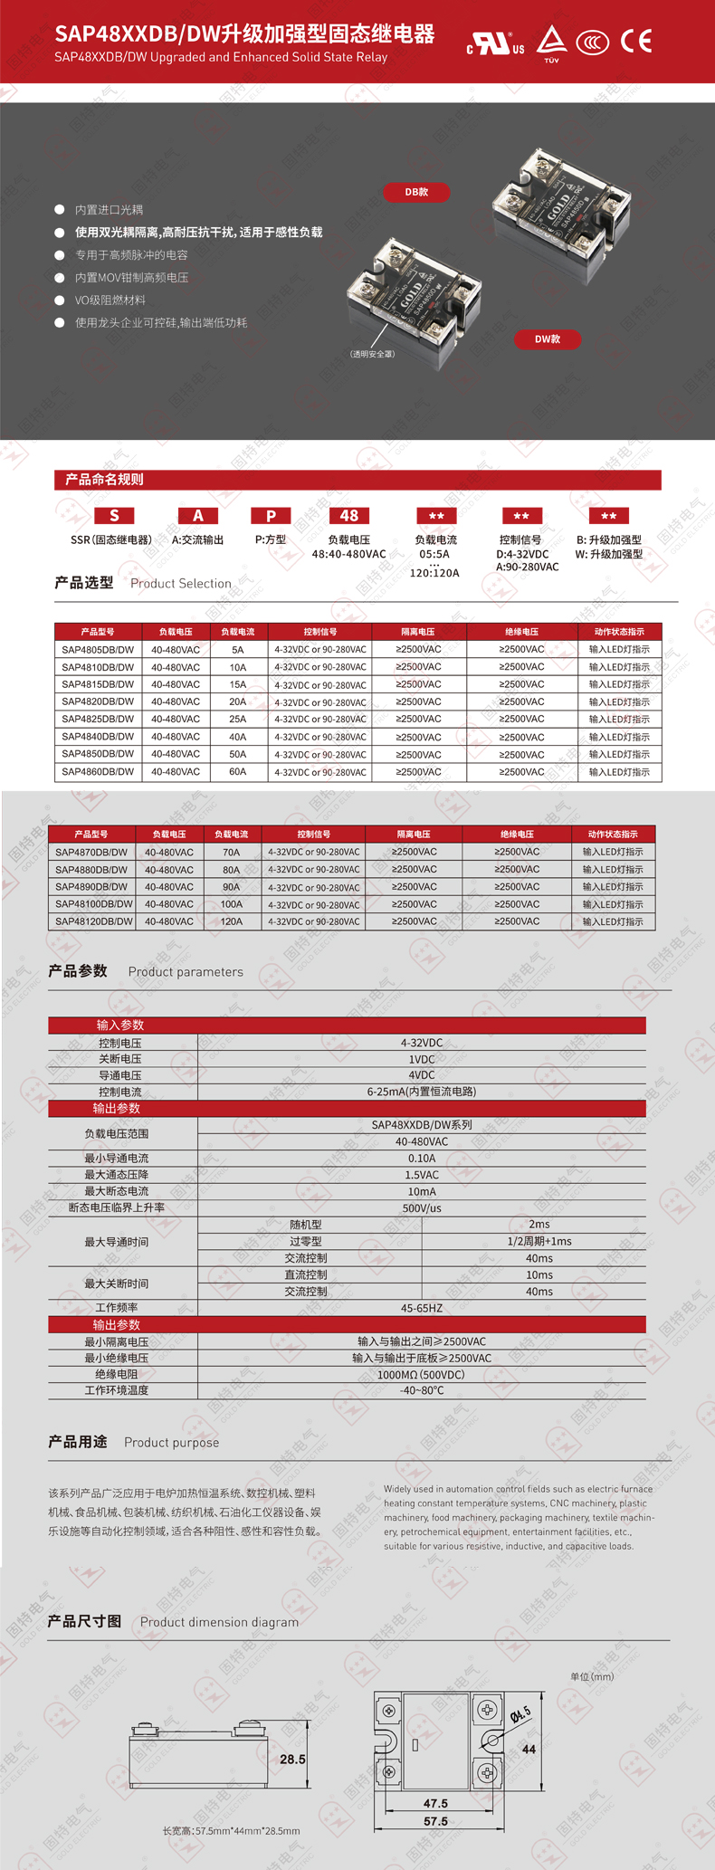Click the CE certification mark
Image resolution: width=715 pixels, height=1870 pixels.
point(636,42)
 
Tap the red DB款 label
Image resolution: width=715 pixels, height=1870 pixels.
point(416,192)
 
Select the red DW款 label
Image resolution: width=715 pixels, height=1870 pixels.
point(547,339)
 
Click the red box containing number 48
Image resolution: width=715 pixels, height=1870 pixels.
point(348,516)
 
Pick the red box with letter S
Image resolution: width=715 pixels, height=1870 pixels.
point(114,516)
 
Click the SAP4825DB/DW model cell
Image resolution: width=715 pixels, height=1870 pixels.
point(98,719)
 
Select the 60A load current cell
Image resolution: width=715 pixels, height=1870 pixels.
point(237,772)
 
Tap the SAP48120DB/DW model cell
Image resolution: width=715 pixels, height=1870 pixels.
point(94,921)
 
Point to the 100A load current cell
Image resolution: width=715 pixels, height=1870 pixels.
point(232,904)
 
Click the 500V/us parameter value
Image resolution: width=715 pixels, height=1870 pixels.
point(422,1208)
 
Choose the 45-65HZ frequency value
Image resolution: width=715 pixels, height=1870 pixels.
point(422,1308)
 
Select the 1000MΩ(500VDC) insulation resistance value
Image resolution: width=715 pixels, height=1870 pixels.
point(422,1375)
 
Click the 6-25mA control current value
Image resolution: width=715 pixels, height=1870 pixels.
point(422,1092)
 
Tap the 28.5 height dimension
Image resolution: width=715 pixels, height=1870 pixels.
point(292,1760)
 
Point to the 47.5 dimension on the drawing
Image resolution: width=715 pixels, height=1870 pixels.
point(435,1803)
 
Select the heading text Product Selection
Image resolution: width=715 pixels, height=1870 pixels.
point(181,584)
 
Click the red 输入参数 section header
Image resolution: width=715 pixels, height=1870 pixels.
point(120,1025)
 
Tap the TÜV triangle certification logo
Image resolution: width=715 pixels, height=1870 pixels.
point(551,42)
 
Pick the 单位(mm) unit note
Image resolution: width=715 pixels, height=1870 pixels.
point(592,1676)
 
